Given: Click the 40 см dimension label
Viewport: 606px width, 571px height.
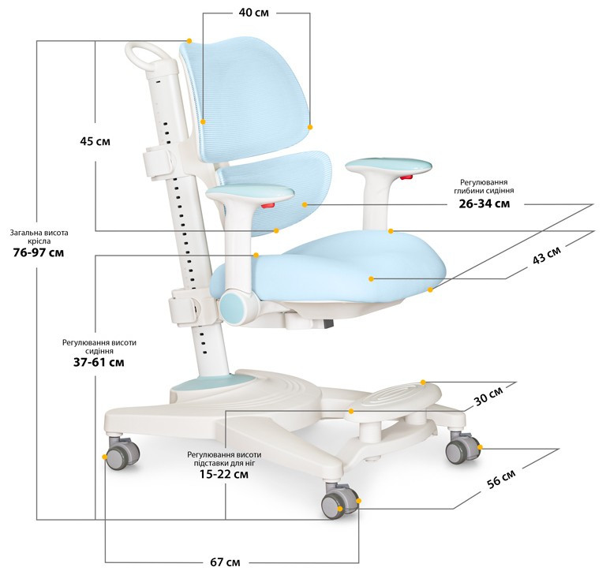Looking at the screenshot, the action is tap(253, 13).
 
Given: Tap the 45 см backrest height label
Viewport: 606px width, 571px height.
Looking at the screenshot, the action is tap(95, 141).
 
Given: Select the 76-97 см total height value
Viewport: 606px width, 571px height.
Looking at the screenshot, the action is tap(39, 252).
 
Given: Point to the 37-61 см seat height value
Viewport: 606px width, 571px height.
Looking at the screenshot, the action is tap(99, 362).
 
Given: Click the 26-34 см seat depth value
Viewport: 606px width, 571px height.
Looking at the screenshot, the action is tap(484, 203).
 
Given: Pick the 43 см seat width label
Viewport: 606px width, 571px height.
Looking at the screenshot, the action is tap(547, 256).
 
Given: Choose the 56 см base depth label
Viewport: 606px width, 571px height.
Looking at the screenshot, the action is tap(501, 479).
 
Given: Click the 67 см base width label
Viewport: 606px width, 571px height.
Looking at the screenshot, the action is tap(225, 562).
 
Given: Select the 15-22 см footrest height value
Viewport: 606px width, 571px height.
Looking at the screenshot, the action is tap(224, 474).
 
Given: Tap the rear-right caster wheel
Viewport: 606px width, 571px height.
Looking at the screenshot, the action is tap(462, 447).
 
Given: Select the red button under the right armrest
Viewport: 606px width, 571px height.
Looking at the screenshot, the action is tap(406, 177).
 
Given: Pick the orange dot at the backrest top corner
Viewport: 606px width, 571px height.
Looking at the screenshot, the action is tap(189, 40).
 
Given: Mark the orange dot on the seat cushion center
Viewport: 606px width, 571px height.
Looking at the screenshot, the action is tap(371, 278).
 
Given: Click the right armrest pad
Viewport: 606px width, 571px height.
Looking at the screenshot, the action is tap(388, 166).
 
